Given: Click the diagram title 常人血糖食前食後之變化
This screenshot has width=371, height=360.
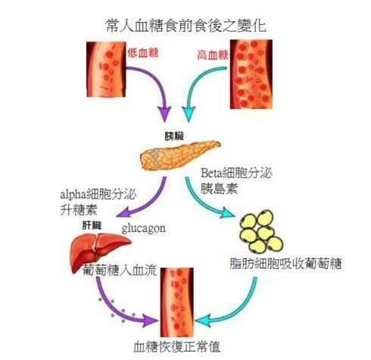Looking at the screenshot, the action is pyautogui.click(x=186, y=26).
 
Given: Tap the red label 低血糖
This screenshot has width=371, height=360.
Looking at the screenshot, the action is pyautogui.click(x=143, y=53).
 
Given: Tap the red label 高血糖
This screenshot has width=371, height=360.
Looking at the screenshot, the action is pyautogui.click(x=213, y=55).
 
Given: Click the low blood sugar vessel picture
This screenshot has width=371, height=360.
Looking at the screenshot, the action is pyautogui.click(x=106, y=70).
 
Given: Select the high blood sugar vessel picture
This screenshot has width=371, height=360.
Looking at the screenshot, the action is pyautogui.click(x=251, y=74).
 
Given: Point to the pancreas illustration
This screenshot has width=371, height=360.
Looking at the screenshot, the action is pyautogui.click(x=180, y=155).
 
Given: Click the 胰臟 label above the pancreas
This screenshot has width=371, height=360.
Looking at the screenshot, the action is pyautogui.click(x=174, y=136).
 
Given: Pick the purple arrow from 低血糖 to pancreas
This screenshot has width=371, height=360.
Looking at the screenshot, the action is pyautogui.click(x=156, y=83).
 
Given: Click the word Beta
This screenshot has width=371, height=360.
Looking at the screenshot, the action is pyautogui.click(x=211, y=174).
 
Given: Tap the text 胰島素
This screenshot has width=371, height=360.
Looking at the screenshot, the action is pyautogui.click(x=219, y=189).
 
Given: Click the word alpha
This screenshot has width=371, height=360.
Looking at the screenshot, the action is pyautogui.click(x=73, y=195).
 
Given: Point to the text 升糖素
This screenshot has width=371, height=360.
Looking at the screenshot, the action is pyautogui.click(x=79, y=210).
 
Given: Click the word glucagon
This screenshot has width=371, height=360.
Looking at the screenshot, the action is pyautogui.click(x=144, y=229).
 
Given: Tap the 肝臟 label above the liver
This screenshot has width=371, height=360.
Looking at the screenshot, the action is pyautogui.click(x=92, y=225).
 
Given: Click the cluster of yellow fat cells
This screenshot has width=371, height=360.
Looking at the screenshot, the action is pyautogui.click(x=261, y=231).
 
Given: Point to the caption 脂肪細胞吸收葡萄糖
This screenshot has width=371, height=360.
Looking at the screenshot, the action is pyautogui.click(x=285, y=264).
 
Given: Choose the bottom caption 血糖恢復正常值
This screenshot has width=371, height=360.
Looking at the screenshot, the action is pyautogui.click(x=176, y=346).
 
